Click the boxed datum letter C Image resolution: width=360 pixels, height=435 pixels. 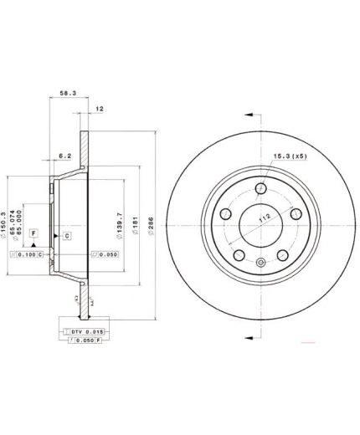66,237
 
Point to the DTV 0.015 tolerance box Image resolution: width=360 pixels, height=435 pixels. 84,330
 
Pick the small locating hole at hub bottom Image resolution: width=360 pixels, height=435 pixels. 260,264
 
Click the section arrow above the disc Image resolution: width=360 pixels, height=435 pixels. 249,112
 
